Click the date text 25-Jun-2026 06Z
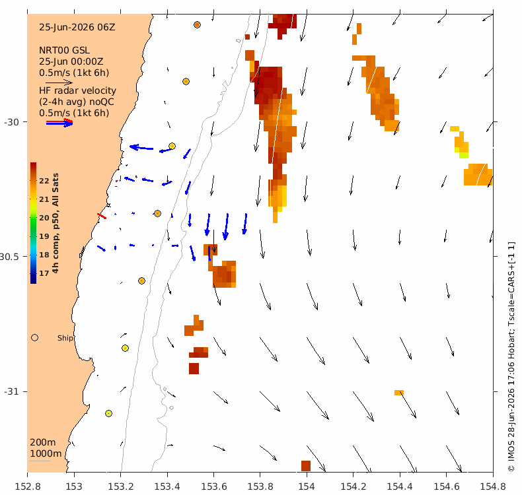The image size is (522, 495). pyautogui.click(x=77, y=27)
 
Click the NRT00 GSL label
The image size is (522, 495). pyautogui.click(x=64, y=50)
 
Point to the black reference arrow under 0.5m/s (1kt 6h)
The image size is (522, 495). pyautogui.click(x=59, y=82)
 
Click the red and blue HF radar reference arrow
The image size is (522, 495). pyautogui.click(x=59, y=123)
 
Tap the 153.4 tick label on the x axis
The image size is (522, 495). pyautogui.click(x=167, y=486)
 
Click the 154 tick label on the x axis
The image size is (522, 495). pyautogui.click(x=307, y=486)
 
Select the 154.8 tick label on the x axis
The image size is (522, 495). pyautogui.click(x=493, y=486)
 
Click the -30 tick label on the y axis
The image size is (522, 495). pyautogui.click(x=12, y=122)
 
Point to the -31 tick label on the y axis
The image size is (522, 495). pyautogui.click(x=12, y=391)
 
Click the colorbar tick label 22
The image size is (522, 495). pyautogui.click(x=44, y=181)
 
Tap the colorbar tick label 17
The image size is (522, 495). pyautogui.click(x=44, y=273)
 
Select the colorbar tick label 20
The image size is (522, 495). pyautogui.click(x=44, y=218)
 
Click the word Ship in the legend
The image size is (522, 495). pyautogui.click(x=65, y=338)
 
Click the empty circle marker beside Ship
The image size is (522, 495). pyautogui.click(x=34, y=338)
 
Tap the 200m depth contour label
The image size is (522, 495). pyautogui.click(x=43, y=442)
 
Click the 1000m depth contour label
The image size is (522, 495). pyautogui.click(x=46, y=453)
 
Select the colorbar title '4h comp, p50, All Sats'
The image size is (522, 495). pyautogui.click(x=56, y=222)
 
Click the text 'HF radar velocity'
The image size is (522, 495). pyautogui.click(x=77, y=90)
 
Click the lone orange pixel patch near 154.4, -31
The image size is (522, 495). pyautogui.click(x=399, y=393)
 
